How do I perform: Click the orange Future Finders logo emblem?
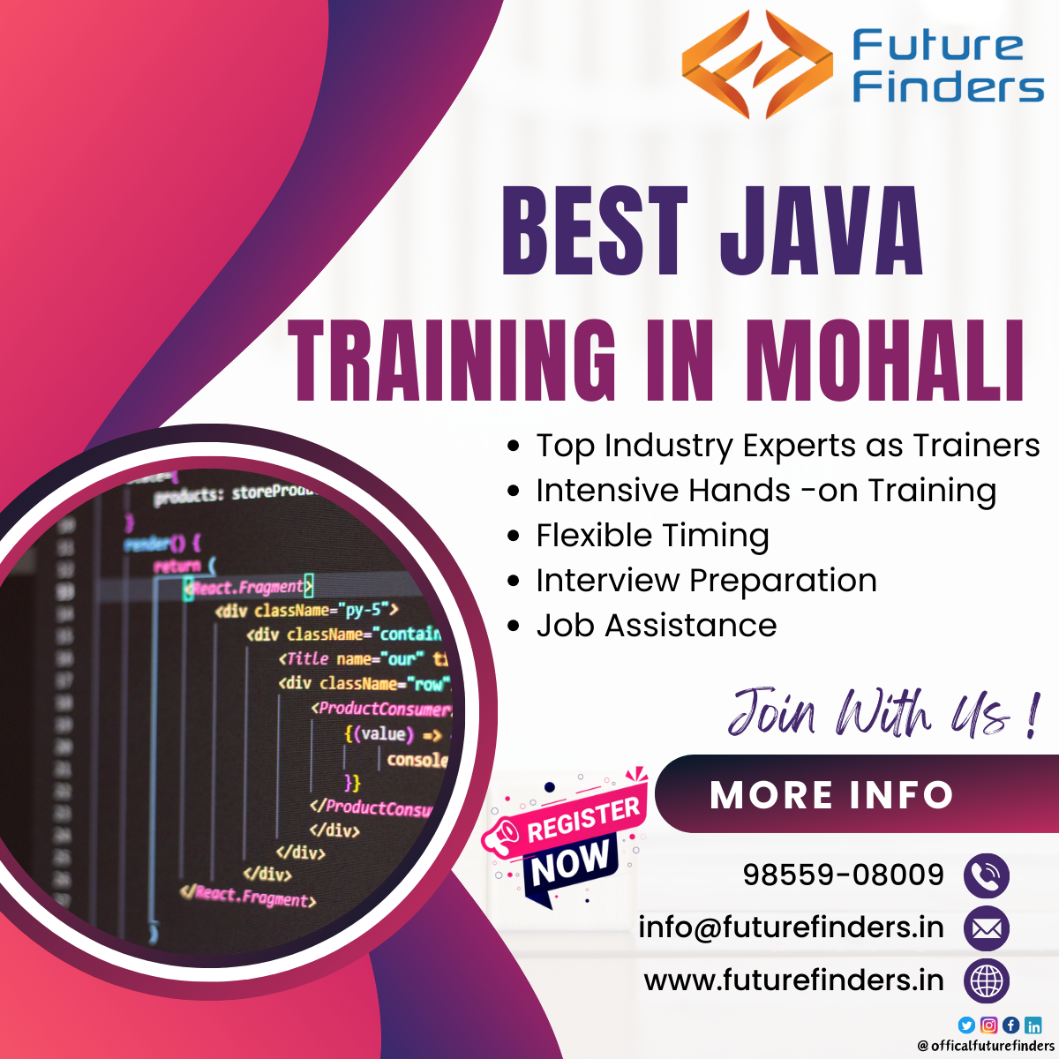[756, 64]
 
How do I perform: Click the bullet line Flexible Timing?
[652, 536]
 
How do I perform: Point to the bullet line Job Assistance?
[656, 626]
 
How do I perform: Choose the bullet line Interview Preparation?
[706, 581]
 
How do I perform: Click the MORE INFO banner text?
[831, 795]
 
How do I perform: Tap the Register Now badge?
[569, 838]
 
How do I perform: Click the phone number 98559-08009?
[843, 875]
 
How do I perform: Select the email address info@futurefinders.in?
[791, 928]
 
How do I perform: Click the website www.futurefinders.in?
[793, 980]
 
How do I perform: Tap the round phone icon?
[986, 875]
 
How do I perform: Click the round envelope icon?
[986, 928]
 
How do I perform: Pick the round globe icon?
[986, 980]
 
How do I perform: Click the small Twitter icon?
[966, 1025]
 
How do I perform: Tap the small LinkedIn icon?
[1033, 1025]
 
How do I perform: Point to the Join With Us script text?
[882, 712]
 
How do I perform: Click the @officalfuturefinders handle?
[985, 1046]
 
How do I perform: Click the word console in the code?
[417, 760]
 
